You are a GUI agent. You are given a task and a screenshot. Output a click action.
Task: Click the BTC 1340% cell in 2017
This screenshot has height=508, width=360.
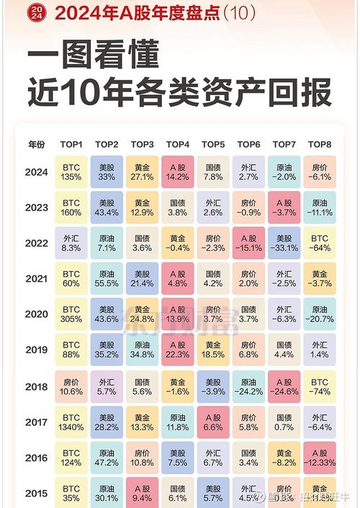(72, 422)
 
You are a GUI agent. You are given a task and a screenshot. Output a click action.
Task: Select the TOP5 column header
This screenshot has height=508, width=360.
(213, 143)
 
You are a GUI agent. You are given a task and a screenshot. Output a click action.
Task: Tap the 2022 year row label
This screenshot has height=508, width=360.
(36, 243)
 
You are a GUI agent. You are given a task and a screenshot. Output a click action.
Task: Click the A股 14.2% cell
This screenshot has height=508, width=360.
(178, 173)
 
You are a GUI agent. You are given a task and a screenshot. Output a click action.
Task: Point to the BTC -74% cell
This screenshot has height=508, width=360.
(319, 387)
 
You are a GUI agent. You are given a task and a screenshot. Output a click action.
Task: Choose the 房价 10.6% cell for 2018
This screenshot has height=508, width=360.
(72, 387)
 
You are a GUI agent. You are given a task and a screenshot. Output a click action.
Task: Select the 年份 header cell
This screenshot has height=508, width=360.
(36, 143)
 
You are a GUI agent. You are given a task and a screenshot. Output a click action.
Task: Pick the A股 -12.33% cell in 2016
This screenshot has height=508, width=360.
(319, 458)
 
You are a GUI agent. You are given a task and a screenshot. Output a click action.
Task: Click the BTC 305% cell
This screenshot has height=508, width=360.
(72, 315)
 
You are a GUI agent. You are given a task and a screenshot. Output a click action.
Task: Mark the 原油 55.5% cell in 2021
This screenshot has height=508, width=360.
(107, 280)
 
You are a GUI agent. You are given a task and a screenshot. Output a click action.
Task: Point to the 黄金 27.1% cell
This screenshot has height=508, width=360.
(143, 173)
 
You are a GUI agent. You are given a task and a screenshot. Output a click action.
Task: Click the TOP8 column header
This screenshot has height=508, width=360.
(319, 143)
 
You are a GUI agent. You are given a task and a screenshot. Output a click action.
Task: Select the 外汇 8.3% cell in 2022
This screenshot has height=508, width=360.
(72, 244)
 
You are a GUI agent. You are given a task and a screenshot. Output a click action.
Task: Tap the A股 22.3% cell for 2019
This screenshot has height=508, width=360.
(178, 351)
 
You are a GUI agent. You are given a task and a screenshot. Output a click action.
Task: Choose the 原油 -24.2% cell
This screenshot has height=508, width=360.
(248, 387)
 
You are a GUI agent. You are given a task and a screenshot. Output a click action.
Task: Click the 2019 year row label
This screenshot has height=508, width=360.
(36, 350)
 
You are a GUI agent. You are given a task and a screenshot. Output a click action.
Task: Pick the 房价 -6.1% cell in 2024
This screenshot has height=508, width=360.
(319, 173)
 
